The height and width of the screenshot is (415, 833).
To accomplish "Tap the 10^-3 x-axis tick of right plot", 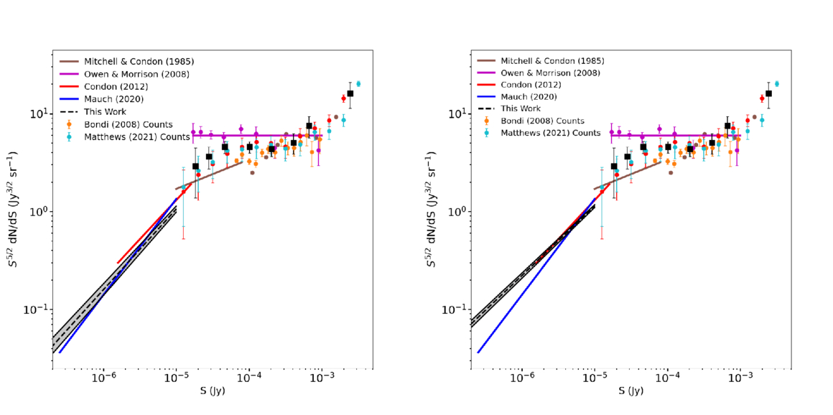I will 740,378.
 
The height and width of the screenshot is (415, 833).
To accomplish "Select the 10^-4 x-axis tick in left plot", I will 248,378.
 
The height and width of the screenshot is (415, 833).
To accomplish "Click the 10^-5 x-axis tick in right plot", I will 595,378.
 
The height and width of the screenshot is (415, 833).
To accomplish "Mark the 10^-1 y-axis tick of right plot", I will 456,309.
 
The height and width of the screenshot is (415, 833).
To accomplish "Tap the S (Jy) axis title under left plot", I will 211,391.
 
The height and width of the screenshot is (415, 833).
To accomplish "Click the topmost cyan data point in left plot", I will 358,84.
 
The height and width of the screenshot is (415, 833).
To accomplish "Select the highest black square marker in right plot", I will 768,93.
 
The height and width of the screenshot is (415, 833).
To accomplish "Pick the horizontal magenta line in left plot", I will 251,135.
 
